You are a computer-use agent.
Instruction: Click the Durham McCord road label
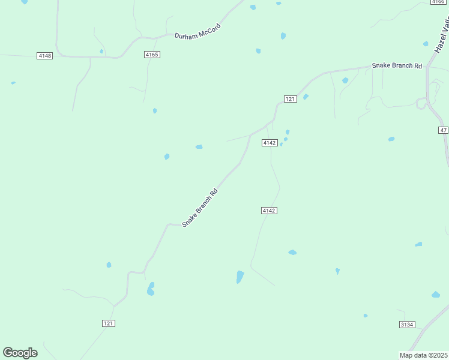(197, 31)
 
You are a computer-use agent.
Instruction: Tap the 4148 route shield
(44, 56)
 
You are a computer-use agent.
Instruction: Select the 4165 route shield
(152, 55)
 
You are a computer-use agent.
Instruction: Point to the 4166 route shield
(438, 2)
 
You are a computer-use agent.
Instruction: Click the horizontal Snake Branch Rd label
(397, 65)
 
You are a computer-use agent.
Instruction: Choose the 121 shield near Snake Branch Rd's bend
(290, 99)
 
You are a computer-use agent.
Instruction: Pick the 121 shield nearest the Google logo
(108, 323)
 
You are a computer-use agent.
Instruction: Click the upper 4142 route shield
(269, 143)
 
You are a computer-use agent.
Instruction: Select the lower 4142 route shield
(269, 211)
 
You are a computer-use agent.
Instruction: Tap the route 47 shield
(444, 130)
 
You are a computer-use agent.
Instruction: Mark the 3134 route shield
(407, 325)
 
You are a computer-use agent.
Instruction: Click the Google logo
(20, 353)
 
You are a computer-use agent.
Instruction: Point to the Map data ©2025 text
(423, 355)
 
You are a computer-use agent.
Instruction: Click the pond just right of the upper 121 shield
(306, 97)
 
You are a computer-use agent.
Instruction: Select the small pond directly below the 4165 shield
(155, 111)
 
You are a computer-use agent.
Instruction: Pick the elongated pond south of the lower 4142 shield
(240, 277)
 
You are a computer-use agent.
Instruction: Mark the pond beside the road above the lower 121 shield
(151, 289)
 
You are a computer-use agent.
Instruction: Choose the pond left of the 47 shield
(391, 139)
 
